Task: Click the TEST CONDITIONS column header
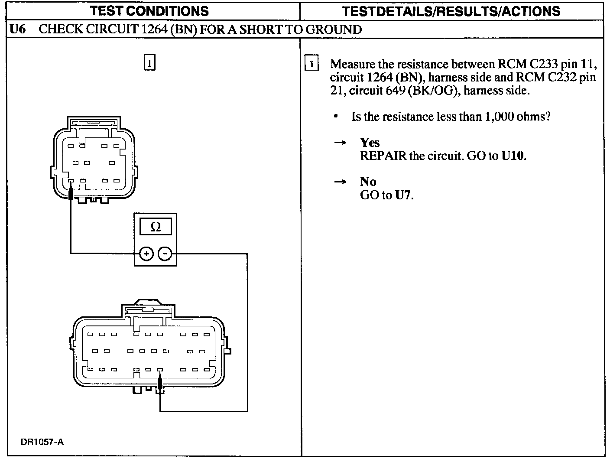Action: [149, 11]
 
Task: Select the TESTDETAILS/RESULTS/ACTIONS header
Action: [451, 11]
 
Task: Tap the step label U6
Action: [17, 29]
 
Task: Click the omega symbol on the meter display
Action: [155, 227]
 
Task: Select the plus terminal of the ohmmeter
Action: [146, 254]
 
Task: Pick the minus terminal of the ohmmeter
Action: [165, 254]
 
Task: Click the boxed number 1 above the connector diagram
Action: [149, 63]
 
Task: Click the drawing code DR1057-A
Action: [42, 442]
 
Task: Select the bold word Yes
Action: [370, 143]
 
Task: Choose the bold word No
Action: [368, 182]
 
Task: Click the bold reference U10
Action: [513, 156]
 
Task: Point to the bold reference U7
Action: [403, 195]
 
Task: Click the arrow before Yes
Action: [340, 143]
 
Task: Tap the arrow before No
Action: [340, 182]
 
